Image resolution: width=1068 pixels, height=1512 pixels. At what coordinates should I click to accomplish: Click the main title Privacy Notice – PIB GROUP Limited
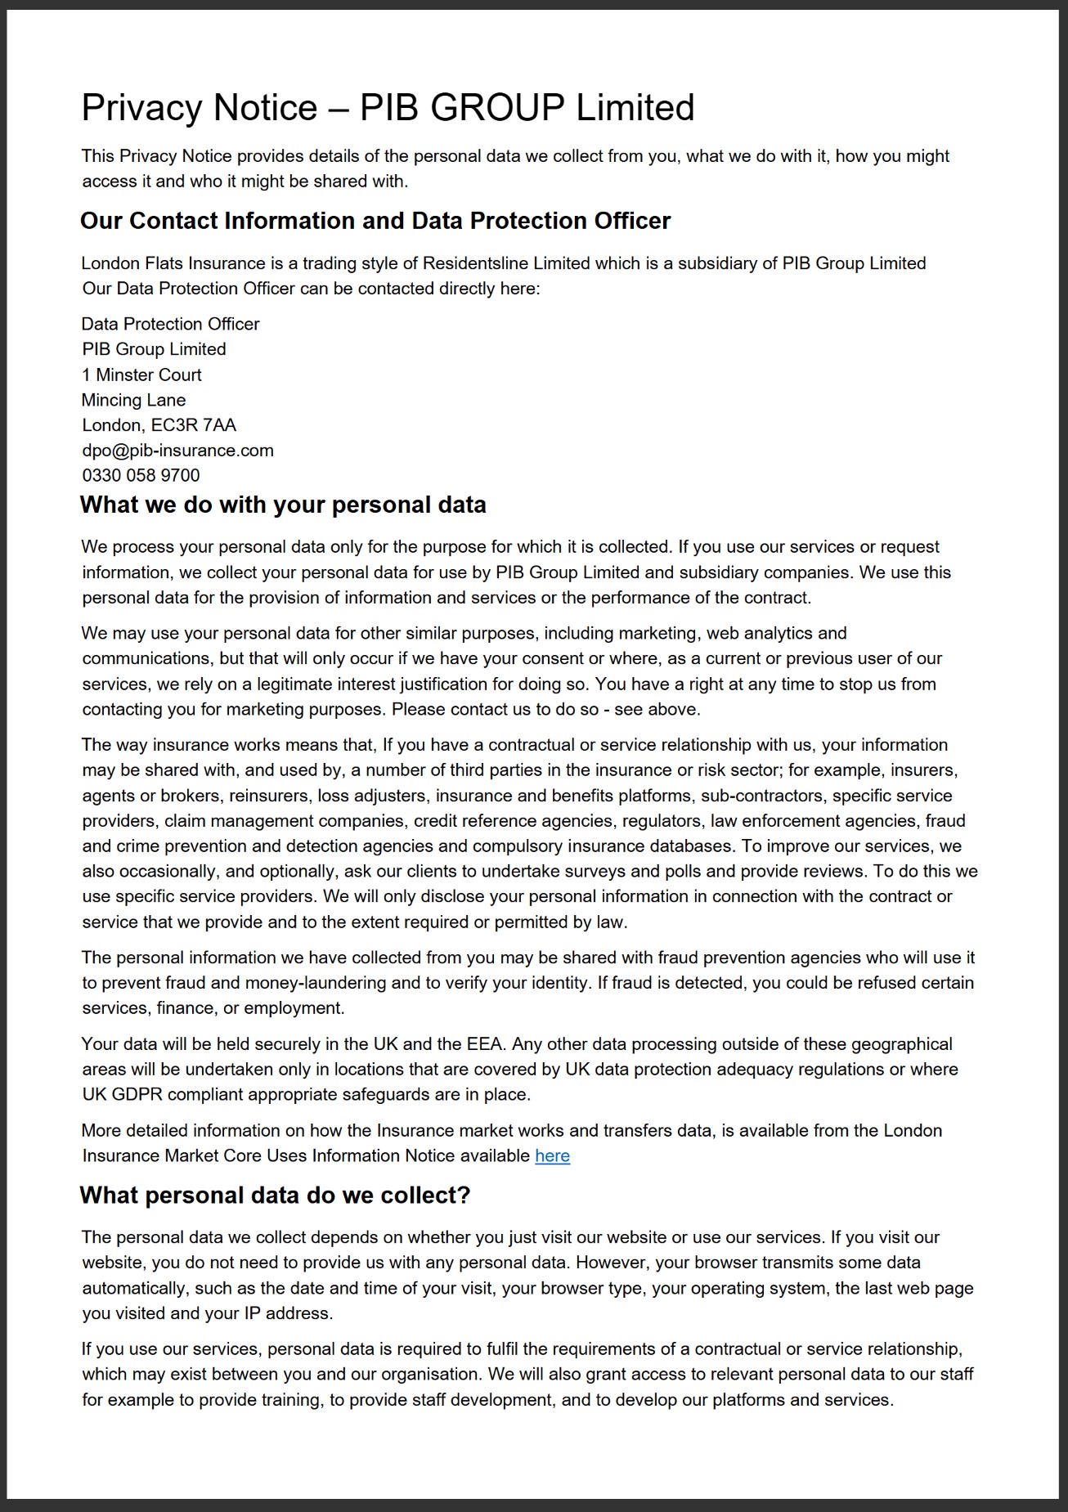(x=388, y=108)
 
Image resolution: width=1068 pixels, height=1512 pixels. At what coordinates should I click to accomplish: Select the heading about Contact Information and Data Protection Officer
(x=375, y=221)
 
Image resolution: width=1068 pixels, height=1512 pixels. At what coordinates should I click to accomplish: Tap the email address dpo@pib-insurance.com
(x=177, y=451)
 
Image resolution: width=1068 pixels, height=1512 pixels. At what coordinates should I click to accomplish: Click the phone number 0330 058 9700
(x=141, y=476)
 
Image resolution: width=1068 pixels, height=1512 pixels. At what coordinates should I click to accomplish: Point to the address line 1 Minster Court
(x=141, y=375)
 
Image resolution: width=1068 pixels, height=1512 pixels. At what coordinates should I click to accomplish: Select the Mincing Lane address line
(x=133, y=401)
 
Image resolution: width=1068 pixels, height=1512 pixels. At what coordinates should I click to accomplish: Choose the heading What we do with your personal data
(x=283, y=505)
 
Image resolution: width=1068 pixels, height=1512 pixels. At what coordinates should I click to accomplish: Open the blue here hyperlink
(x=552, y=1156)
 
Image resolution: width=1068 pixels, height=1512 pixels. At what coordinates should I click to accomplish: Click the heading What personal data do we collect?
(x=275, y=1196)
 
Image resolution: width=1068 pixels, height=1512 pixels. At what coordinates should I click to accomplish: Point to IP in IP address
(x=253, y=1314)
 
